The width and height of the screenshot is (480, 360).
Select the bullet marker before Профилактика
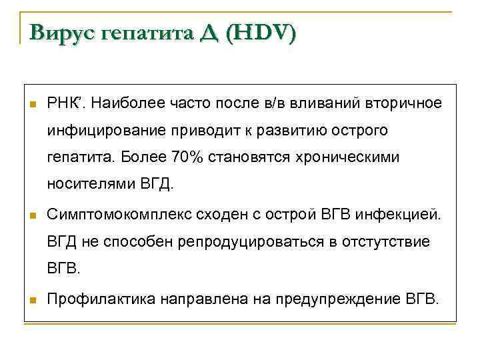[31, 300]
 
